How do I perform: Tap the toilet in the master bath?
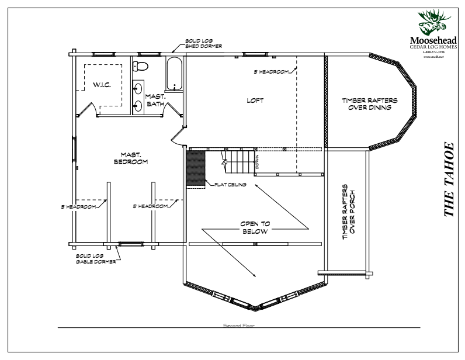tap(141, 65)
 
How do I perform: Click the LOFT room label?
tap(255, 101)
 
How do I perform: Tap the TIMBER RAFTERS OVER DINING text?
tap(369, 103)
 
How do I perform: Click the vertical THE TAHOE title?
tap(449, 178)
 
